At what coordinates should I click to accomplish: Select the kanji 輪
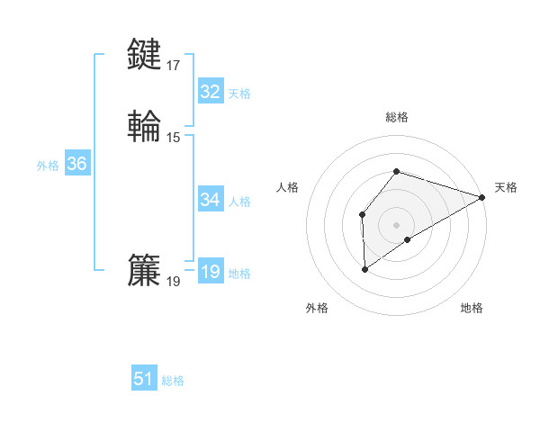pos(145,126)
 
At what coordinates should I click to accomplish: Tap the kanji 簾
pos(145,270)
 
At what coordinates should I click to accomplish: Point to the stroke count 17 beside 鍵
pos(174,66)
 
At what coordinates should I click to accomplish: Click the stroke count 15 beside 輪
pos(174,138)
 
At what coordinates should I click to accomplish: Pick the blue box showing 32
pos(210,92)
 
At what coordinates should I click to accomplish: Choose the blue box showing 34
pos(210,200)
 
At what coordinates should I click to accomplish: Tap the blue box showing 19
pos(210,272)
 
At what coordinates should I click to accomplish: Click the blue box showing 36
pos(76,164)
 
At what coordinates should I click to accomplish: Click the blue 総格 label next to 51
pos(173,381)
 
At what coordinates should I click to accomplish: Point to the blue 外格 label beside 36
pos(48,166)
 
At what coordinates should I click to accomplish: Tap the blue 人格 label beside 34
pos(240,202)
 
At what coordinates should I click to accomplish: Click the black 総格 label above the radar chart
pos(397,117)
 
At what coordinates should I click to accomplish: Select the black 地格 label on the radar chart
pos(472,308)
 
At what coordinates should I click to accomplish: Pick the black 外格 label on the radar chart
pos(317,308)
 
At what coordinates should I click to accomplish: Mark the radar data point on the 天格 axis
pos(482,197)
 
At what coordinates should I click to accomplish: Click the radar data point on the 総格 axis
pos(397,171)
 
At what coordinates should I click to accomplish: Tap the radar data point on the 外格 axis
pos(364,268)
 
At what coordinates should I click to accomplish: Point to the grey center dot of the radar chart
pos(397,225)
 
